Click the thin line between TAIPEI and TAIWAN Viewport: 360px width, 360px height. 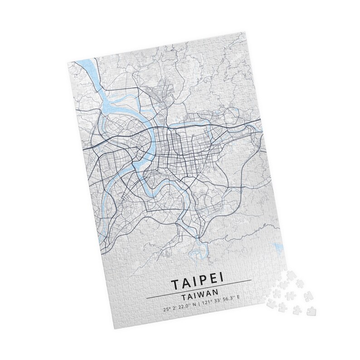point(199,292)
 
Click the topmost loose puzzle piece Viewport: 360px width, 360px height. point(283,275)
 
